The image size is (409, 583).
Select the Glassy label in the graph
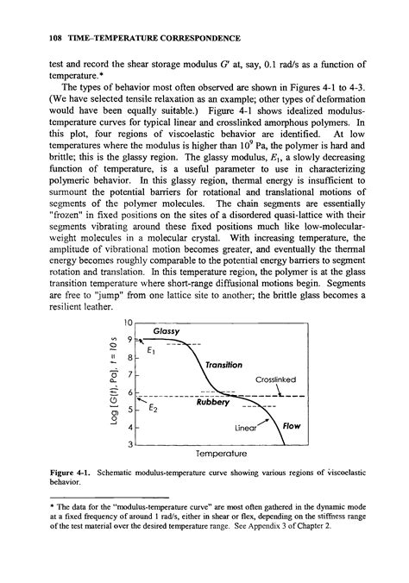click(166, 331)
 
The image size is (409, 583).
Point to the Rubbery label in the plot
click(214, 402)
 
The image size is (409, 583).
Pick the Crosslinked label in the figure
click(277, 379)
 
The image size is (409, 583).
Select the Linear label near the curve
click(248, 427)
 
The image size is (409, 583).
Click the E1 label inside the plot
click(152, 351)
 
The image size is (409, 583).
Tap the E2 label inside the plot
click(152, 411)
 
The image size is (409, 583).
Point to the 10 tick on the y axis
click(129, 322)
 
